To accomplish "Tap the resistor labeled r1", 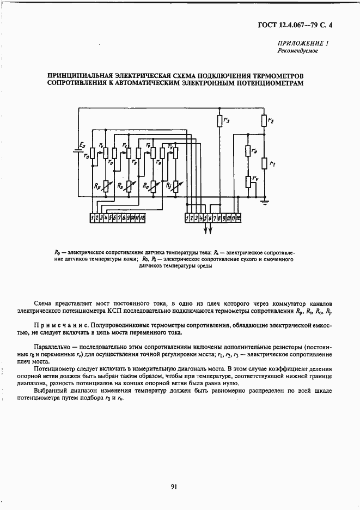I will [x=264, y=163].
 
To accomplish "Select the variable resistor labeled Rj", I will [x=175, y=186].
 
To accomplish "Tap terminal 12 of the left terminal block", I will [x=142, y=218].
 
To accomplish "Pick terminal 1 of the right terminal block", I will [x=188, y=218].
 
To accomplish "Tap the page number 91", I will [x=174, y=487].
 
